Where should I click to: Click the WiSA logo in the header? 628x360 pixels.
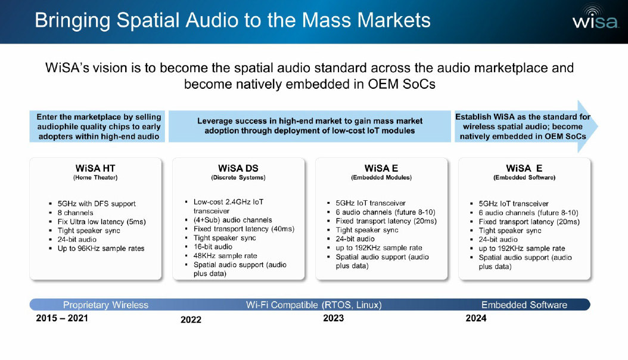(x=595, y=17)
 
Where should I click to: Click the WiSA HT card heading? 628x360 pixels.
(x=95, y=168)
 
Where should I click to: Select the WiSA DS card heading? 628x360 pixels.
(x=238, y=168)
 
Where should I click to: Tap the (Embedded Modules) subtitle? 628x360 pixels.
(x=381, y=178)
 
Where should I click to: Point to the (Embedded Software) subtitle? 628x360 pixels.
(x=524, y=178)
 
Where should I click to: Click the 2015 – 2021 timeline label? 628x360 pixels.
(x=62, y=318)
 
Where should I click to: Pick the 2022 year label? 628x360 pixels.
(x=191, y=319)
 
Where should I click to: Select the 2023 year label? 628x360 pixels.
(x=334, y=318)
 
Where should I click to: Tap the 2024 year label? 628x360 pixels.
(x=476, y=318)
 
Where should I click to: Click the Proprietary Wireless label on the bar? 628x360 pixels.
(x=105, y=305)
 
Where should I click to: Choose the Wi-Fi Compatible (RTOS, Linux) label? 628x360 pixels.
(x=313, y=305)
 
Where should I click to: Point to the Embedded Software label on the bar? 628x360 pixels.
(x=524, y=305)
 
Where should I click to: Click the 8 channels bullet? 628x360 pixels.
(x=75, y=213)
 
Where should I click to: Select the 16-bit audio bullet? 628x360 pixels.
(x=213, y=247)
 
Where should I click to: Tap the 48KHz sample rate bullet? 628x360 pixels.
(x=225, y=256)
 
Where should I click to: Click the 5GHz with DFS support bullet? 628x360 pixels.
(x=97, y=203)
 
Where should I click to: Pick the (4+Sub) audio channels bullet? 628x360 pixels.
(x=233, y=220)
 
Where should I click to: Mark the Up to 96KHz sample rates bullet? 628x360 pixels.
(x=101, y=249)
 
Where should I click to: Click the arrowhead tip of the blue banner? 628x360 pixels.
(x=598, y=126)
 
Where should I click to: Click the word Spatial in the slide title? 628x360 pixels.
(x=148, y=20)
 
